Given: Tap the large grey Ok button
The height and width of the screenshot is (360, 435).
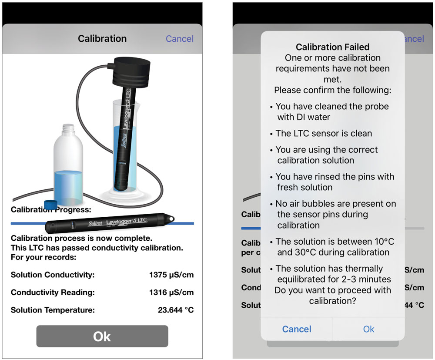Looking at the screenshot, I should (x=102, y=336).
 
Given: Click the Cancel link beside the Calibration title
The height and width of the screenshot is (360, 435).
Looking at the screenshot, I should (x=179, y=39).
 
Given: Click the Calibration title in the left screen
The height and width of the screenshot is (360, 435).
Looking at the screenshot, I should (x=102, y=39).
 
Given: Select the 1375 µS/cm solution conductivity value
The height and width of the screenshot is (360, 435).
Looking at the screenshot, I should (x=171, y=275).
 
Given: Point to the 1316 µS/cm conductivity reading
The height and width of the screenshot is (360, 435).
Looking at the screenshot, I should (x=171, y=293).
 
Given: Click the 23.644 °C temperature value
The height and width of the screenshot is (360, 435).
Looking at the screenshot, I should (x=175, y=310).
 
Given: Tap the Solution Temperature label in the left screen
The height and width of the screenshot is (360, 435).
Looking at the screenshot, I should (x=53, y=310).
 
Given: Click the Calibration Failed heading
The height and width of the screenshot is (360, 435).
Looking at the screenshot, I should (x=332, y=47).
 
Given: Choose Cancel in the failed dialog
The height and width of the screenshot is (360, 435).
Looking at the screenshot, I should (x=297, y=329).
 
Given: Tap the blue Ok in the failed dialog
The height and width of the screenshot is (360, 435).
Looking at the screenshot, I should (x=368, y=329).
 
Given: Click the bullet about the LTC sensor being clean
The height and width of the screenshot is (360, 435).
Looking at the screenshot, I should (x=324, y=133).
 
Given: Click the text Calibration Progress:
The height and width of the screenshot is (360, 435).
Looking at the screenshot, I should (x=51, y=209).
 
